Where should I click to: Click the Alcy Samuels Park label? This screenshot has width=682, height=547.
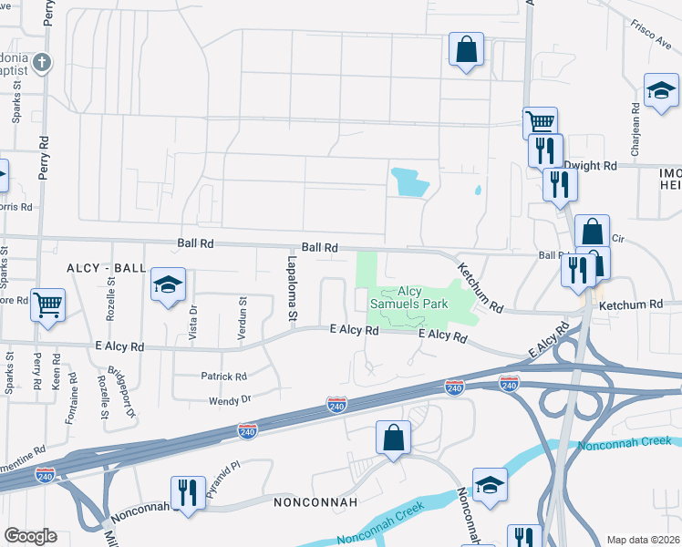coord(408,297)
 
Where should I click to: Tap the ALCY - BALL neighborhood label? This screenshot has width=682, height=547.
coord(107,267)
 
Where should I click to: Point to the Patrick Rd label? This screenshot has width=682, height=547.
coord(223,376)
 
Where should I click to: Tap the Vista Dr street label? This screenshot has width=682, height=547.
coord(191,321)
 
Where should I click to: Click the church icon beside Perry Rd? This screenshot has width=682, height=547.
coord(41,63)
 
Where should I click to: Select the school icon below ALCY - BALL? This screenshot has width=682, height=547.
coord(168,285)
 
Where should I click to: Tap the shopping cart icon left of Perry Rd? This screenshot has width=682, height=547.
coord(47,305)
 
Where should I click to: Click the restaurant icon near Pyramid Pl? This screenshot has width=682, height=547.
coord(188,493)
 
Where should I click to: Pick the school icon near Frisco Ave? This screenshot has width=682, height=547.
coord(661,90)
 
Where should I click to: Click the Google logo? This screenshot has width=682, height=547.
coord(30,536)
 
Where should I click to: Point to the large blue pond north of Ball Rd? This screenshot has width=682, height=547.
coord(409,182)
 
